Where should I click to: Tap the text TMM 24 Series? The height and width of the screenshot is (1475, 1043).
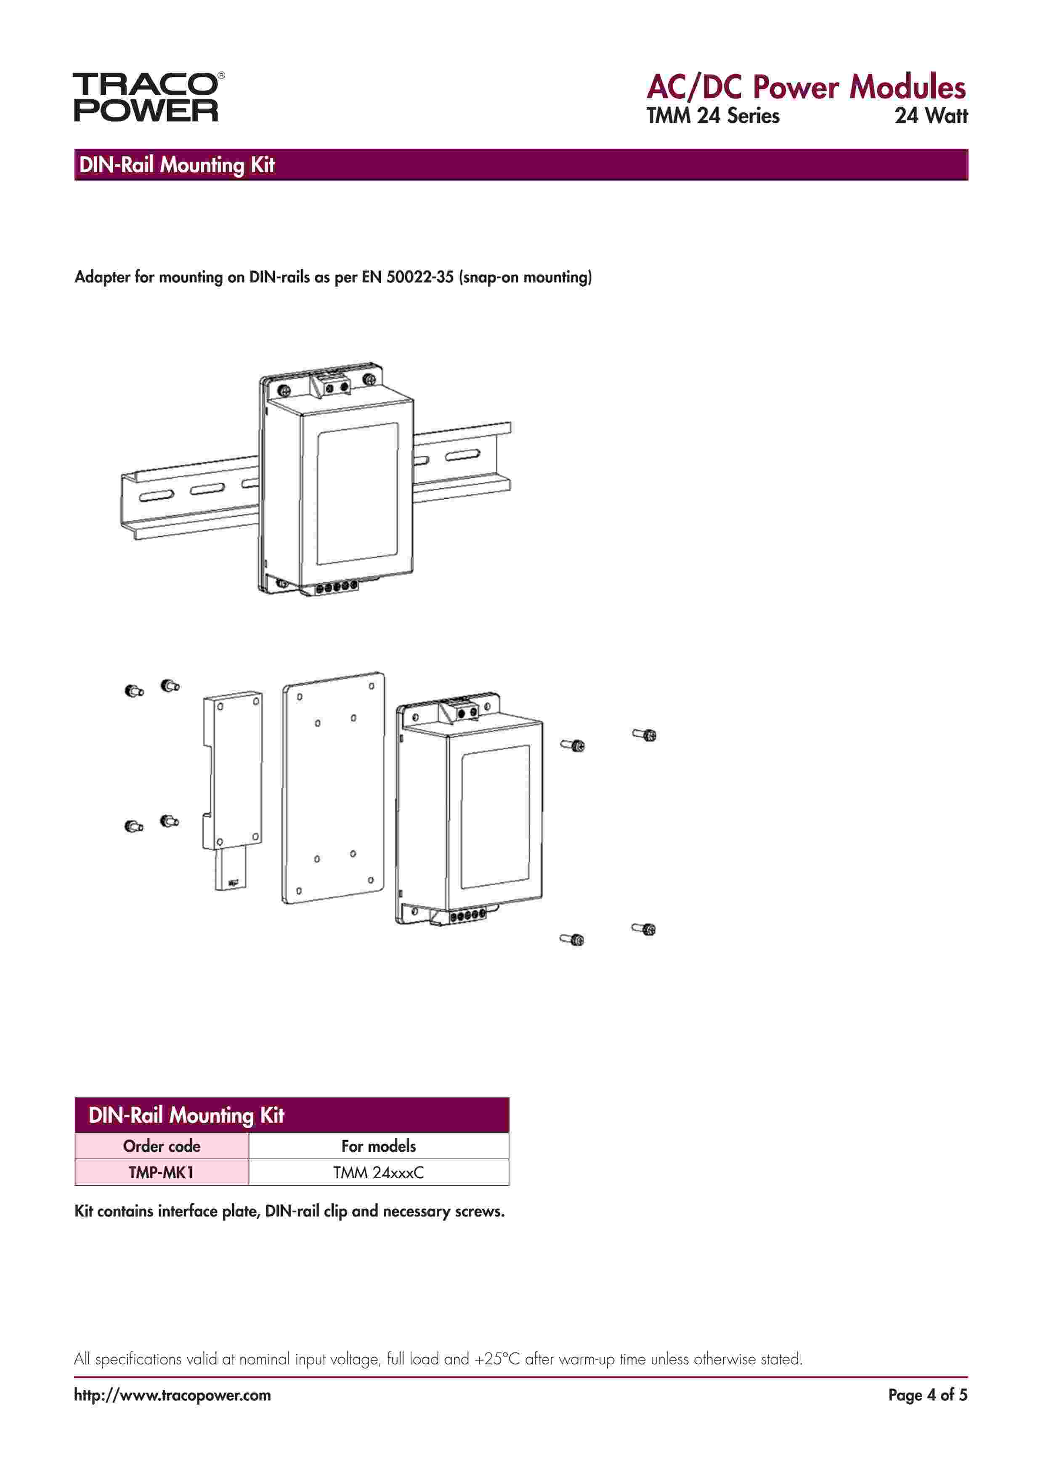click(713, 116)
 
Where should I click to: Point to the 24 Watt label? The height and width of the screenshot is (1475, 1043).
click(931, 116)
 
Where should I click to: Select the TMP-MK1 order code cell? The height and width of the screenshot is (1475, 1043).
click(161, 1172)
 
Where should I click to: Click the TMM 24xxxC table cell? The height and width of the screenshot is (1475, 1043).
click(378, 1172)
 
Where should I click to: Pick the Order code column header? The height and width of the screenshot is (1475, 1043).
click(161, 1146)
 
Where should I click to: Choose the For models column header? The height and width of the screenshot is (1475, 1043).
click(378, 1146)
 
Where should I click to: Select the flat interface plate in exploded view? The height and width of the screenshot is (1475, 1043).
click(333, 787)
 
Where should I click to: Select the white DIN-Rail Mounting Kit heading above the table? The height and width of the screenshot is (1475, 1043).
click(186, 1115)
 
